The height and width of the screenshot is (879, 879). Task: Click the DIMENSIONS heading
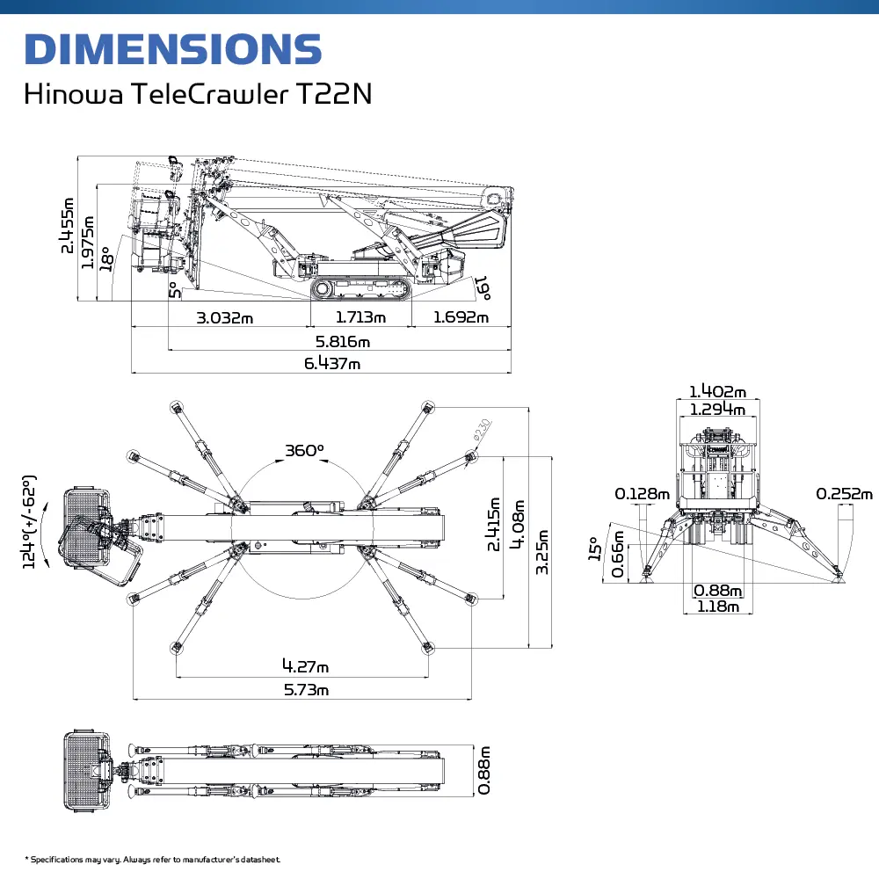[173, 48]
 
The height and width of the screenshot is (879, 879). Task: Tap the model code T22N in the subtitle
[334, 94]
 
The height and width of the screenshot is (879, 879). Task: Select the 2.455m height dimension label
[68, 226]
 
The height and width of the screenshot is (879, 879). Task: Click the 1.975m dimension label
[87, 243]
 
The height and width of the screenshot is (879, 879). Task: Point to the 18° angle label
[106, 258]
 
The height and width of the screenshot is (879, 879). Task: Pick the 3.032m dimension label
[225, 318]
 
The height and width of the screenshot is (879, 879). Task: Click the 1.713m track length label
[360, 317]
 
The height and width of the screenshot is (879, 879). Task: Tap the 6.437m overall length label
[332, 363]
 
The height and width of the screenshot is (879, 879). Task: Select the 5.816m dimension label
[343, 341]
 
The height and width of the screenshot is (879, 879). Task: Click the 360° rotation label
[304, 451]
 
